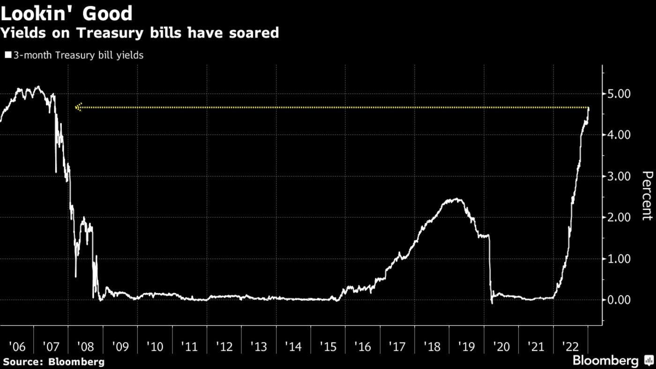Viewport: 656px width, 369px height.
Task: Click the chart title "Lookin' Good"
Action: pyautogui.click(x=67, y=13)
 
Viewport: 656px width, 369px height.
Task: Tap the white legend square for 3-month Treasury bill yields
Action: pyautogui.click(x=8, y=55)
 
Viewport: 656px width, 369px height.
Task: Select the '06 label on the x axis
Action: pyautogui.click(x=17, y=347)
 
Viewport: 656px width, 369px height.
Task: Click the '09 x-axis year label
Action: pyautogui.click(x=120, y=347)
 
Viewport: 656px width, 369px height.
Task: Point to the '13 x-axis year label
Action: pyautogui.click(x=259, y=347)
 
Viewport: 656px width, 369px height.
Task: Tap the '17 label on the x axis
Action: pyautogui.click(x=397, y=347)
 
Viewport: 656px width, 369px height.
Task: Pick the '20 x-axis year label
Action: pyautogui.click(x=501, y=347)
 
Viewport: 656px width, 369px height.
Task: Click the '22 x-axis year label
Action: pyautogui.click(x=570, y=347)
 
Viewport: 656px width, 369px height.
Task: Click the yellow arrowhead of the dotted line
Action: pyautogui.click(x=79, y=107)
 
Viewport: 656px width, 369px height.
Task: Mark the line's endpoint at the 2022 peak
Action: pyautogui.click(x=589, y=109)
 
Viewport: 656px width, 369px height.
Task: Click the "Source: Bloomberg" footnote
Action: pyautogui.click(x=53, y=362)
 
